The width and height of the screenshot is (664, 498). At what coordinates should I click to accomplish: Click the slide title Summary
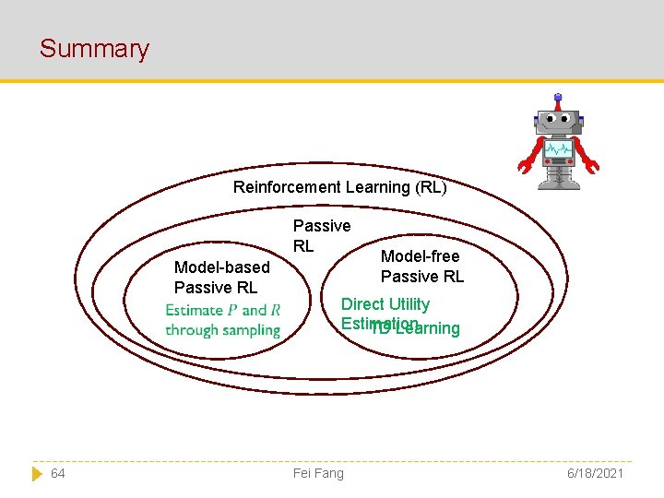[x=94, y=49]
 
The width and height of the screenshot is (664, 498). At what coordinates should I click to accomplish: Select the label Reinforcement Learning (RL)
[x=339, y=187]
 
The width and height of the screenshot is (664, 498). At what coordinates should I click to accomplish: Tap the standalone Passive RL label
[x=321, y=235]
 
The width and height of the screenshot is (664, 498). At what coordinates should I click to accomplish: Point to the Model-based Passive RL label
[x=222, y=277]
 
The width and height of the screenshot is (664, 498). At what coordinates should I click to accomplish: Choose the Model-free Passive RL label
[x=421, y=267]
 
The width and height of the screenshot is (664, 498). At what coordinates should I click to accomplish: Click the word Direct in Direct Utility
[x=362, y=304]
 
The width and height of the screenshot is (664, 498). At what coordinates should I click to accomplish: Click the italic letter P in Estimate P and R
[x=232, y=310]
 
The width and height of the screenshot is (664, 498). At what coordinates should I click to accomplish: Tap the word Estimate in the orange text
[x=195, y=310]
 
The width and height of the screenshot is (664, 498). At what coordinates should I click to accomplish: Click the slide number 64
[x=57, y=473]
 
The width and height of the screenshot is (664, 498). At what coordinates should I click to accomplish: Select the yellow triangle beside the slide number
[x=37, y=473]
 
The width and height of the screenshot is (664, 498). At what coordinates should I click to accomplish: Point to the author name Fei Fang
[x=317, y=473]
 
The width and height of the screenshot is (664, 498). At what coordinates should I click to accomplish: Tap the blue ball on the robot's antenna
[x=558, y=96]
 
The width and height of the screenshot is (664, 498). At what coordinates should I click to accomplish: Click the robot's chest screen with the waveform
[x=558, y=149]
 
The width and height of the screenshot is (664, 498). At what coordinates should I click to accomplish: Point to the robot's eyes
[x=558, y=119]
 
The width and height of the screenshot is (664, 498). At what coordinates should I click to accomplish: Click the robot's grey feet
[x=558, y=184]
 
